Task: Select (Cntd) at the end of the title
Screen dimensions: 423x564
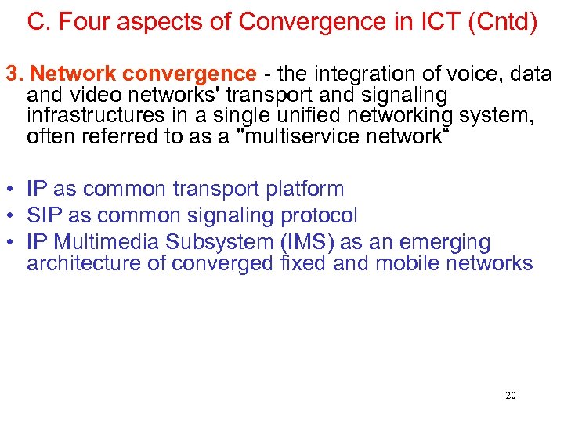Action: point(503,22)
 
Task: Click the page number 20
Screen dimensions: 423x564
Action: point(510,396)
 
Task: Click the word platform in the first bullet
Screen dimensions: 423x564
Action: point(305,189)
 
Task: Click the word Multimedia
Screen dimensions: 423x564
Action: point(105,242)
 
